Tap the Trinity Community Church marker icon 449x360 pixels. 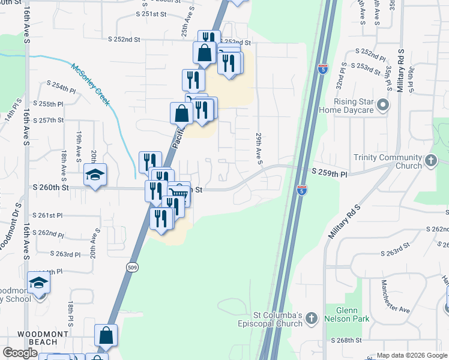click(x=430, y=160)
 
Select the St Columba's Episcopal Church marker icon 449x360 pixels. click(x=310, y=318)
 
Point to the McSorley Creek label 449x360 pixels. click(x=91, y=84)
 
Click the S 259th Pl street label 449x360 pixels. click(x=330, y=172)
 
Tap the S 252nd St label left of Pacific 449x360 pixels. click(x=124, y=40)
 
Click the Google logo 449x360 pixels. click(x=20, y=353)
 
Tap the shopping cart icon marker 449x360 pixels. click(x=178, y=194)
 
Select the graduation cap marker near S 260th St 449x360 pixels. click(x=95, y=175)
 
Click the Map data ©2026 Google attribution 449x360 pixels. click(x=411, y=355)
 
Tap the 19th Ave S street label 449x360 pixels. click(x=79, y=148)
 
